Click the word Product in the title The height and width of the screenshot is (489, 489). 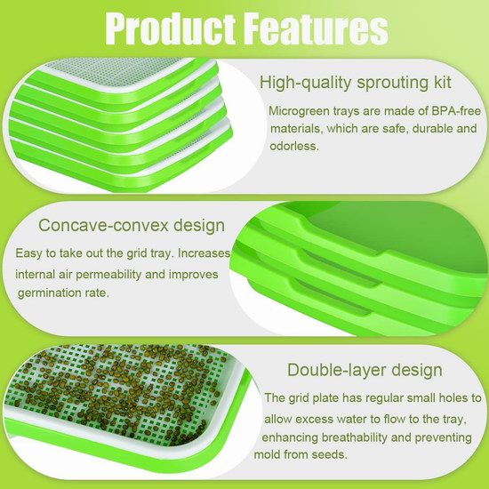pyautogui.click(x=171, y=28)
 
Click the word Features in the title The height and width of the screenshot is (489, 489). pyautogui.click(x=316, y=28)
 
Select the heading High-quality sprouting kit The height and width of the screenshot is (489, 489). pyautogui.click(x=356, y=83)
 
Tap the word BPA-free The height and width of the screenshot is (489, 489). pyautogui.click(x=456, y=111)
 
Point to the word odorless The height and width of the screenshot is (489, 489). pyautogui.click(x=294, y=146)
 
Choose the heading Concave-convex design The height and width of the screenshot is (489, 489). pyautogui.click(x=132, y=225)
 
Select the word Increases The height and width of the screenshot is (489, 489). pyautogui.click(x=204, y=253)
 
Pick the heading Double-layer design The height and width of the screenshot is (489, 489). pyautogui.click(x=365, y=370)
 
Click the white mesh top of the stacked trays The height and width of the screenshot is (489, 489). pyautogui.click(x=118, y=73)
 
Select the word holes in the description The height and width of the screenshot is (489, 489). pyautogui.click(x=453, y=398)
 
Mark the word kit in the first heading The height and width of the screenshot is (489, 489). pyautogui.click(x=441, y=82)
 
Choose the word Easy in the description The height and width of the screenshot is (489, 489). pyautogui.click(x=28, y=253)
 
